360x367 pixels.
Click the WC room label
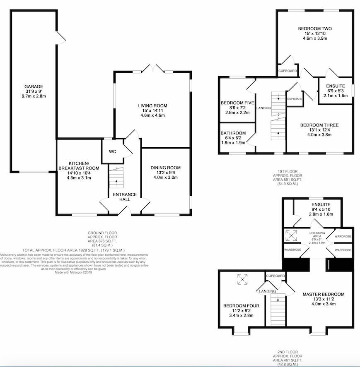(113, 152)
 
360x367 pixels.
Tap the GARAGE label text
(34, 86)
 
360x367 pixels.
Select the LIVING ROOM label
(152, 106)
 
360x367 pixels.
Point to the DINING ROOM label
(165, 168)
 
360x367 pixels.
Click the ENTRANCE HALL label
(125, 197)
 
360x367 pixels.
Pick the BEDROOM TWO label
(315, 29)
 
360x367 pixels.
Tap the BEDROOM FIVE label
(237, 103)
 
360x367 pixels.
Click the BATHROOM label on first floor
(233, 133)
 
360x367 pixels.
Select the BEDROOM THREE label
(319, 125)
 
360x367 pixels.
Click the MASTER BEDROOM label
(324, 295)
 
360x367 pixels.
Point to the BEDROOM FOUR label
(241, 306)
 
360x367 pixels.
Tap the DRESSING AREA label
(317, 235)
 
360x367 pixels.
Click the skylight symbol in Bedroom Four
(243, 279)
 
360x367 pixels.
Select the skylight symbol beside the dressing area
(291, 236)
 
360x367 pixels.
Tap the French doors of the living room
(153, 68)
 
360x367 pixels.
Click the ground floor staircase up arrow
(116, 181)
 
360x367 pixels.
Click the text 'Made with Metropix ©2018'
(74, 272)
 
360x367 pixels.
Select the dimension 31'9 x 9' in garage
(34, 91)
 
